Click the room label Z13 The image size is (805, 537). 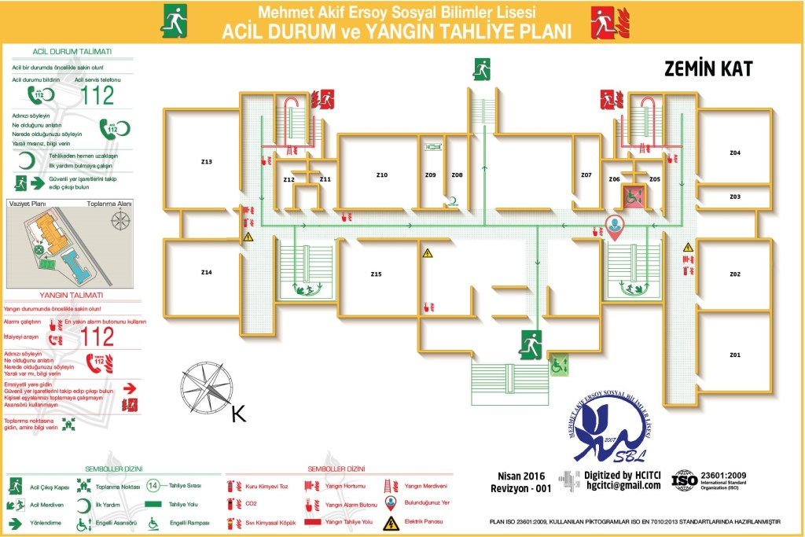pyautogui.click(x=206, y=162)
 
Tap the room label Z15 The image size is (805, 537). pyautogui.click(x=376, y=274)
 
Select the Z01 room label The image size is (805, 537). pyautogui.click(x=734, y=355)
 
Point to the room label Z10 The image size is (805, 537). pyautogui.click(x=381, y=175)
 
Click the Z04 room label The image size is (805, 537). pyautogui.click(x=734, y=152)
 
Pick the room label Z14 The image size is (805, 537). pyautogui.click(x=206, y=272)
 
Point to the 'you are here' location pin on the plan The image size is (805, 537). pyautogui.click(x=615, y=227)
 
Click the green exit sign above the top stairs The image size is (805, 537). pyautogui.click(x=481, y=69)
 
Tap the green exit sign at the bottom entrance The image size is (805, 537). pyautogui.click(x=531, y=345)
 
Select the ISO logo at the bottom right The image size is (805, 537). pyautogui.click(x=684, y=480)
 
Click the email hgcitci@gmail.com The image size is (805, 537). pyautogui.click(x=623, y=486)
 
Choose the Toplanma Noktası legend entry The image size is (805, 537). pyautogui.click(x=110, y=487)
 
